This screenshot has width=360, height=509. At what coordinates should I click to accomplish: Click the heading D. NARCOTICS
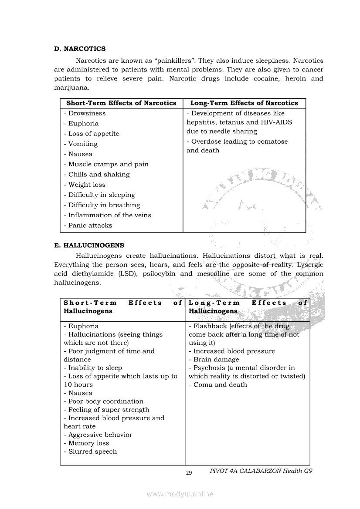coord(80,49)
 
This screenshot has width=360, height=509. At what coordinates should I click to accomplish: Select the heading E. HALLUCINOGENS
coord(89,246)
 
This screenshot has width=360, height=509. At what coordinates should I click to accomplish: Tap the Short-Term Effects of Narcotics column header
coord(121,103)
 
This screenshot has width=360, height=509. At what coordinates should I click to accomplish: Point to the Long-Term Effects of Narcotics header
coord(244,103)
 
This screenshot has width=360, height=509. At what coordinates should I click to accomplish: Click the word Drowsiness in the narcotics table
coord(87,113)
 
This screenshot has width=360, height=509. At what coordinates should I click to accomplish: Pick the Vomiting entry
coord(83,144)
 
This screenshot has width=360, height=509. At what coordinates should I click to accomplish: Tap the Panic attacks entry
coord(90,226)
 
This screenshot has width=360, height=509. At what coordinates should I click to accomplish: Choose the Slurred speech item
coord(92,452)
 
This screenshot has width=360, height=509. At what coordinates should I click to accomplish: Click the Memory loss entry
coord(89,443)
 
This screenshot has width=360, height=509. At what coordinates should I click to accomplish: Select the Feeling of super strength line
coord(109,410)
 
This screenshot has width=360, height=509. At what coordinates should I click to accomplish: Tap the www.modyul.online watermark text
coord(180,494)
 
